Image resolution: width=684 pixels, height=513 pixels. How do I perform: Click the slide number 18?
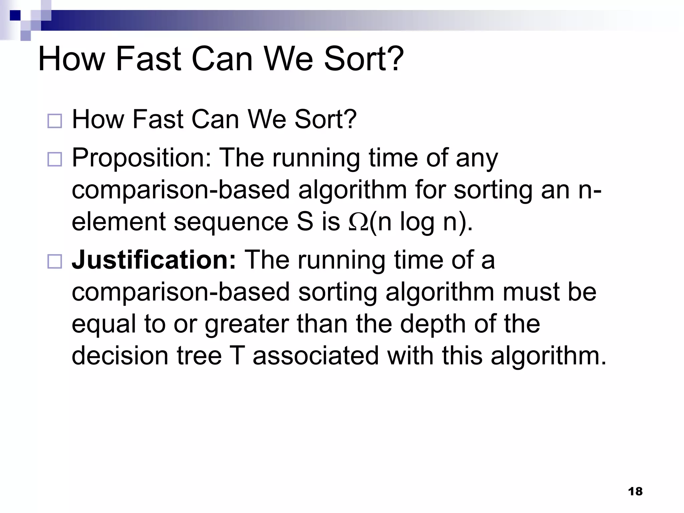(x=635, y=491)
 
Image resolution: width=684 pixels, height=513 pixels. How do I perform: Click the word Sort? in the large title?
(x=364, y=59)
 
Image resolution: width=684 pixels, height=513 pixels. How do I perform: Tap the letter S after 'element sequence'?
(x=305, y=222)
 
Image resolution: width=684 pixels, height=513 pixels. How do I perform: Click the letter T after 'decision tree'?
(x=237, y=355)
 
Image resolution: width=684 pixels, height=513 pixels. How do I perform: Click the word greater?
(x=246, y=324)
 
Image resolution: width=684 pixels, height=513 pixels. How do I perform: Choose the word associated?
(x=316, y=355)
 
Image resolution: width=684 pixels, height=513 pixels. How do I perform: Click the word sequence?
(x=231, y=222)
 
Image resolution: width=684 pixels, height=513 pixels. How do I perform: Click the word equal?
(x=104, y=324)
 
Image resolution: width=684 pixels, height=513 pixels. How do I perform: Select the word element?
(x=119, y=222)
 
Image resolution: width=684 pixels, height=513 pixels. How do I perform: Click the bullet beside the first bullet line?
(x=55, y=121)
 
